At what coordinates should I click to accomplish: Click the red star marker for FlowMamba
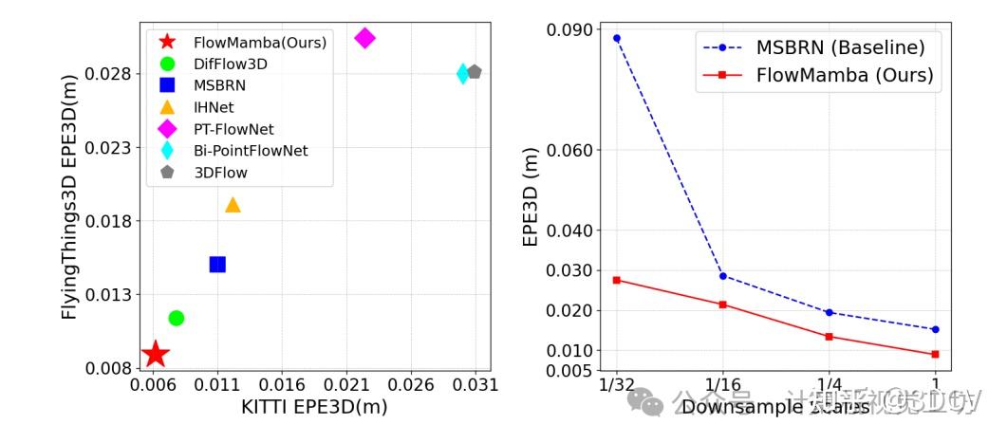pos(155,355)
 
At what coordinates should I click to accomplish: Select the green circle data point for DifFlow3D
pos(176,318)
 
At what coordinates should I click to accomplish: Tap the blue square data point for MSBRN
pos(217,265)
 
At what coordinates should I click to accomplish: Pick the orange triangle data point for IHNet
pos(233,205)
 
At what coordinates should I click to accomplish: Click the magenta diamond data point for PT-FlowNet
pos(364,38)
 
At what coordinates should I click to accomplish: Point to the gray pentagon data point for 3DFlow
pos(475,72)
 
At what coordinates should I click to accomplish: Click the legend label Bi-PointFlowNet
pos(251,151)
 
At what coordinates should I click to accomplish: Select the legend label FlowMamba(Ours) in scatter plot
pos(259,43)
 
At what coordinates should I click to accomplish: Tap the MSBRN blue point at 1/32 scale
pos(617,38)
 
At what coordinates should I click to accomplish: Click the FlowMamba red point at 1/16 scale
pos(723,305)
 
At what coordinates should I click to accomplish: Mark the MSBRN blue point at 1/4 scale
pos(829,312)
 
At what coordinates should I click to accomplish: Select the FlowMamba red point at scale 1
pos(935,354)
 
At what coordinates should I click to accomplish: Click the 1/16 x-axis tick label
pos(723,385)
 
